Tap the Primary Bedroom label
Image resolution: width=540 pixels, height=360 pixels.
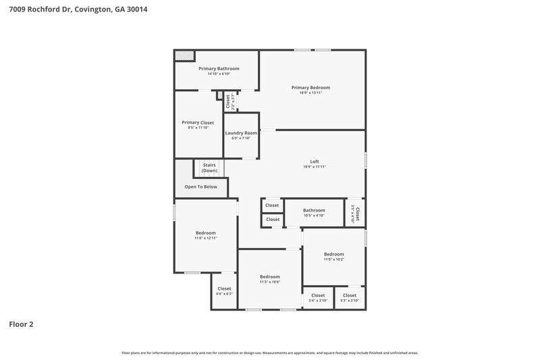coord(310,87)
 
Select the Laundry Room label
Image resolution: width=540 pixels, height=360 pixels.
coord(241,133)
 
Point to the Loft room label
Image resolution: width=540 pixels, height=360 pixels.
coord(315,161)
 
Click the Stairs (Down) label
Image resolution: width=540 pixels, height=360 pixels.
coord(209,168)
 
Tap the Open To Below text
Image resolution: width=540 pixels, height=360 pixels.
coord(201,186)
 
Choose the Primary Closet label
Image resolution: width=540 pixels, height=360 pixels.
coord(198,122)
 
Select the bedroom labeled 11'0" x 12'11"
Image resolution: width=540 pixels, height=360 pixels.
coord(206,233)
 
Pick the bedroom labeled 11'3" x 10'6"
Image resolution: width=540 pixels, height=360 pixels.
coord(270,276)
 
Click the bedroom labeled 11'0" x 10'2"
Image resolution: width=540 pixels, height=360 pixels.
coord(334,254)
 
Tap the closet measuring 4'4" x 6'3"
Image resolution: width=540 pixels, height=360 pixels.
coord(224,288)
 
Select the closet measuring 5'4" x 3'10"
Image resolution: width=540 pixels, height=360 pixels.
coord(318,295)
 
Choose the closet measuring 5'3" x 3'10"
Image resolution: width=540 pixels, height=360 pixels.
coord(350,295)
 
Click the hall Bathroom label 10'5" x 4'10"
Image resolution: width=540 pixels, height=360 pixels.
coord(314,210)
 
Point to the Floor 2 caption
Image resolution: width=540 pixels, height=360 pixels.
coord(21,324)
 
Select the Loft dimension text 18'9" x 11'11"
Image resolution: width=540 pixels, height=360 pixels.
coord(315,166)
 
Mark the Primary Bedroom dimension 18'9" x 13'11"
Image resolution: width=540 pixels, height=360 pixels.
coord(310,93)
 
